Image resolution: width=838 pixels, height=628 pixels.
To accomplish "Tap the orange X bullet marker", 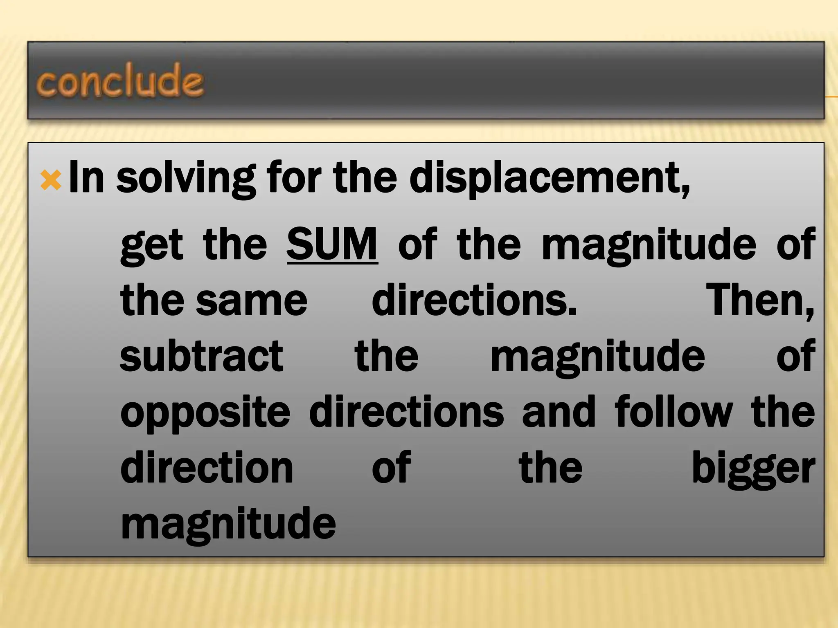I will [x=51, y=180].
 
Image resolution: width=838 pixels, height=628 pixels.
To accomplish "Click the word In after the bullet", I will [x=86, y=177].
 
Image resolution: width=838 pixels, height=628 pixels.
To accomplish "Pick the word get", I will [x=151, y=245].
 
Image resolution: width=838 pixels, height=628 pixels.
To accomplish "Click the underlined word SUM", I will [x=332, y=244].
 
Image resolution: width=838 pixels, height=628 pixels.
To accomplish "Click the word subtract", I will [x=201, y=356].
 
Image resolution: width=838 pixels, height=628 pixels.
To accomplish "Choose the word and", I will [x=559, y=412].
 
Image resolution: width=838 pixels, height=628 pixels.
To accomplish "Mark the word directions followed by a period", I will [x=474, y=301].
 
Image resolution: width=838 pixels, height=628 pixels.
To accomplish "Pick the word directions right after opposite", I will [x=406, y=412].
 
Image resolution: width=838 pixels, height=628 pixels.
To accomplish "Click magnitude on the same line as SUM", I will [x=649, y=246].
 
